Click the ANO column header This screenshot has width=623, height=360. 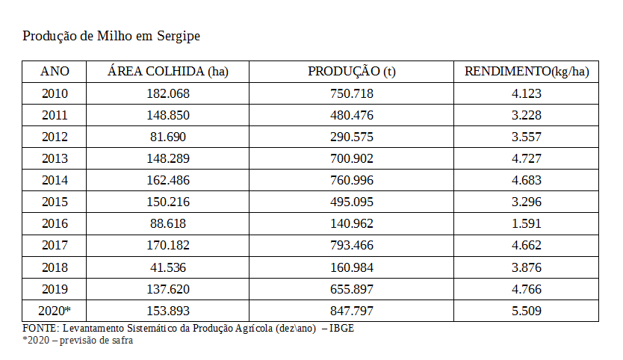coord(55,72)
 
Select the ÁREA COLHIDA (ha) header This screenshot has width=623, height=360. coord(168,72)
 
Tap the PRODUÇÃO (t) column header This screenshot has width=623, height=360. coord(352,72)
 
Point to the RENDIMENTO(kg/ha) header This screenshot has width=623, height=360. coord(527,72)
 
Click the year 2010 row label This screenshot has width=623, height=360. coord(55,93)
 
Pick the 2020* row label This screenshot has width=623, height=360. coord(55,311)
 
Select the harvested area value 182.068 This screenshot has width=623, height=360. coord(168,93)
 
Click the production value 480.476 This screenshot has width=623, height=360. coord(352,115)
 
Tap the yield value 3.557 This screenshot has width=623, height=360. coord(527,137)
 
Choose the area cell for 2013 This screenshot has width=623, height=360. coord(168,158)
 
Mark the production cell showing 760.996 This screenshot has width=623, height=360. coord(352,180)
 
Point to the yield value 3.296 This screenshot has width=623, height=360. coord(527,202)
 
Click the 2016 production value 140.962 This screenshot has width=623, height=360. coord(352,223)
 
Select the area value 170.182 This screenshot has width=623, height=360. coord(168,245)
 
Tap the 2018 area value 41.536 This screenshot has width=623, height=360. coord(168,267)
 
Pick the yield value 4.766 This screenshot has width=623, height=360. coord(527,289)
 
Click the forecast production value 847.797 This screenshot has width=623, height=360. coord(352,311)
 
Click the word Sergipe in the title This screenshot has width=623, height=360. coord(177,36)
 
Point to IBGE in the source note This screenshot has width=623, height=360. coord(343,329)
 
